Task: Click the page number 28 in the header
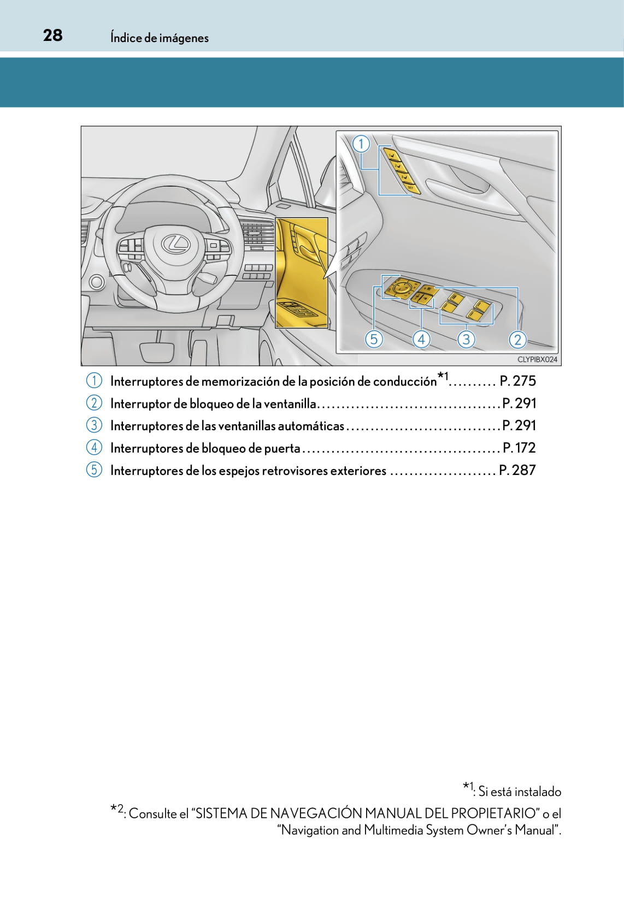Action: [x=52, y=35]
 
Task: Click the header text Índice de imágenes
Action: [x=159, y=38]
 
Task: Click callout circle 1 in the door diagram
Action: [x=361, y=144]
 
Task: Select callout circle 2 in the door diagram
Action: [x=517, y=340]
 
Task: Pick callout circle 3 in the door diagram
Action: [x=466, y=340]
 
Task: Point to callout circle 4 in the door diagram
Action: [x=421, y=340]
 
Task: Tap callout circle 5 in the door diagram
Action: [x=374, y=340]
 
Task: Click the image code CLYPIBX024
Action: [x=537, y=359]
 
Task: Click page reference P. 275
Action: [x=517, y=381]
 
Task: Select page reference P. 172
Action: [x=519, y=448]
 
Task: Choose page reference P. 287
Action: [x=517, y=470]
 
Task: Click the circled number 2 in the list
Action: [x=94, y=403]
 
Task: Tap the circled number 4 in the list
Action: [x=94, y=448]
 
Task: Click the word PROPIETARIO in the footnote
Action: [x=499, y=813]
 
